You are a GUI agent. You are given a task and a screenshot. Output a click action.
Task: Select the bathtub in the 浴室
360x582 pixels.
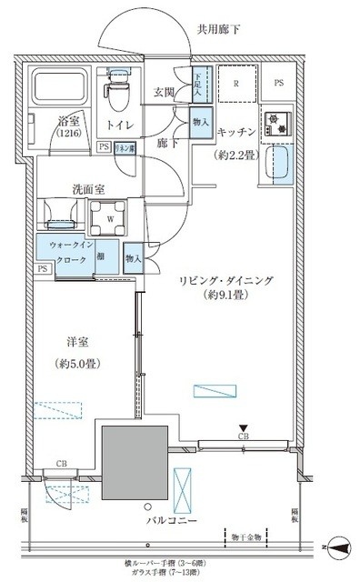[x=58, y=89]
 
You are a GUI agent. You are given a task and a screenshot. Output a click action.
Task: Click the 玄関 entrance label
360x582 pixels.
[x=165, y=92]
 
